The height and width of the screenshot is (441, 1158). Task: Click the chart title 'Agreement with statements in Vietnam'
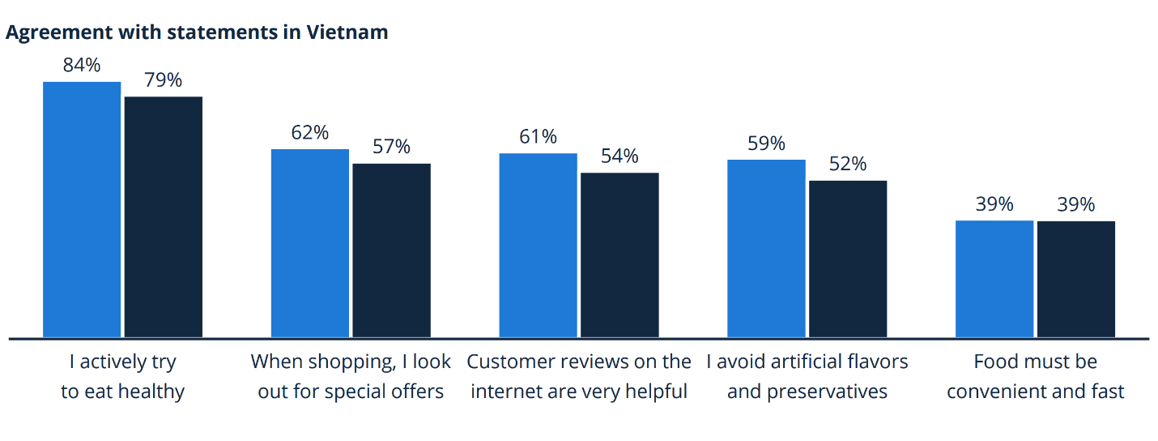click(197, 32)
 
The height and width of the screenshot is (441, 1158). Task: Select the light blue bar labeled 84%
click(82, 209)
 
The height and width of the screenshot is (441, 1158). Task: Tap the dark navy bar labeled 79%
click(163, 216)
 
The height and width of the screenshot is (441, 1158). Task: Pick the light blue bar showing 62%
click(310, 243)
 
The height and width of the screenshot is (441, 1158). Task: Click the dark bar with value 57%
click(391, 250)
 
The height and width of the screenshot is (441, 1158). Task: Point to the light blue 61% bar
click(538, 245)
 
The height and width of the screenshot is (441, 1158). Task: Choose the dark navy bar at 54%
click(619, 255)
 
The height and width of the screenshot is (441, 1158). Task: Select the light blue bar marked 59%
click(766, 248)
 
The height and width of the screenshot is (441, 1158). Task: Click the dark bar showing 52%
click(848, 259)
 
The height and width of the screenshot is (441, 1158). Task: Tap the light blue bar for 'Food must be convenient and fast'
click(994, 279)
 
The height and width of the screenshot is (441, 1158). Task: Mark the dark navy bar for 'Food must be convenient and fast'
click(1076, 279)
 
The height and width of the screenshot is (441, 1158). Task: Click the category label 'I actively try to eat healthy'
click(122, 376)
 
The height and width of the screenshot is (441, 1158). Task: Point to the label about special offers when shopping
click(351, 376)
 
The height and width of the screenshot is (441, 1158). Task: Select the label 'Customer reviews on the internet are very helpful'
click(579, 376)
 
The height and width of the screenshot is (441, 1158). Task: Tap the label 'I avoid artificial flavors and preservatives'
click(807, 376)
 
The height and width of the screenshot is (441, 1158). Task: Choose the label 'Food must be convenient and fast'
click(1036, 376)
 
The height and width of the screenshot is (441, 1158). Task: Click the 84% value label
click(82, 66)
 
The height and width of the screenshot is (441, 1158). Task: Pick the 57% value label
click(391, 147)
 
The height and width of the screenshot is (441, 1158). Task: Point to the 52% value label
click(848, 164)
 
